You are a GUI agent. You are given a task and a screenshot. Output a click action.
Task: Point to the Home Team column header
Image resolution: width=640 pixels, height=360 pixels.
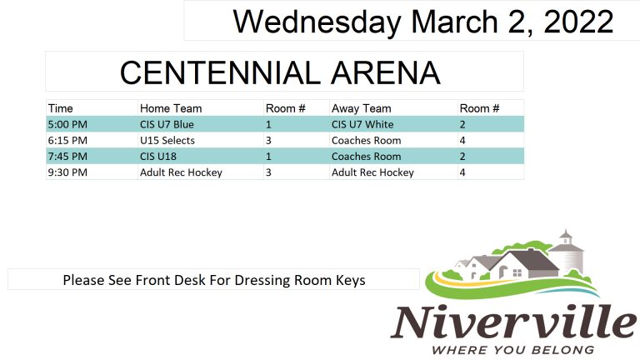(x=171, y=108)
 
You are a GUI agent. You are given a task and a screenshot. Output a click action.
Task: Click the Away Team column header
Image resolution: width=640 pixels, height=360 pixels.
(x=361, y=108)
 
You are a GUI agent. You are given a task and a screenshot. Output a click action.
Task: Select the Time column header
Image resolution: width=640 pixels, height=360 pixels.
(x=60, y=108)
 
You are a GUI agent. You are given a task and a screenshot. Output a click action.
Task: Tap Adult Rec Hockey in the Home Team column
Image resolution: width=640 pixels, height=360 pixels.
(x=181, y=172)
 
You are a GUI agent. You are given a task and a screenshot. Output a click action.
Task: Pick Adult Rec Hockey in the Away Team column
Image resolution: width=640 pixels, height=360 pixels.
(x=372, y=172)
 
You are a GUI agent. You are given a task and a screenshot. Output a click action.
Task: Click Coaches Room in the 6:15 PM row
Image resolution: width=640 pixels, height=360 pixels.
(x=366, y=140)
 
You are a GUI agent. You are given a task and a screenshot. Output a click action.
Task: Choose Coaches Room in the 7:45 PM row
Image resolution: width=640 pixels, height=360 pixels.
(x=366, y=157)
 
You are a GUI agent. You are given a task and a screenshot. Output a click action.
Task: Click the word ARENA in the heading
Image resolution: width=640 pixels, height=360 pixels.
(x=385, y=72)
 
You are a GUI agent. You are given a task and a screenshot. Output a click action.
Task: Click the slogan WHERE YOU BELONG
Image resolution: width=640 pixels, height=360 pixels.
(x=512, y=350)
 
